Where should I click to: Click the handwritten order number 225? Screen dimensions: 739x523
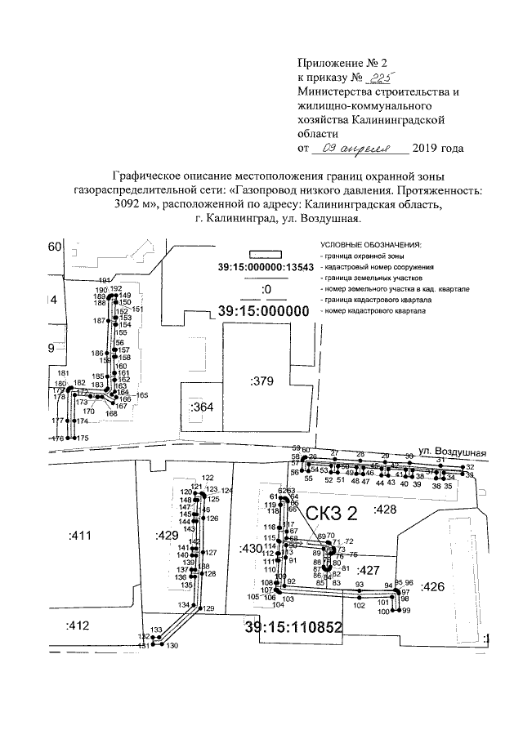pos(382,78)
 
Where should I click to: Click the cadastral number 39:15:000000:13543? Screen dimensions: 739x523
pos(266,268)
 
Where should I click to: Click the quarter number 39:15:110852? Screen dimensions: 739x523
pos(292,626)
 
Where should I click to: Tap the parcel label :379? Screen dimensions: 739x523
pos(261,381)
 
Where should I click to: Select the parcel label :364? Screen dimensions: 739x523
pos(200,407)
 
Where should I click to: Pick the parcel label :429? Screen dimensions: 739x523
pos(166,536)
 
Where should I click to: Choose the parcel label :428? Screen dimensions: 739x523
pos(385,510)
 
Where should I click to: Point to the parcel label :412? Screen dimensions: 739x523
pos(79,625)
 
